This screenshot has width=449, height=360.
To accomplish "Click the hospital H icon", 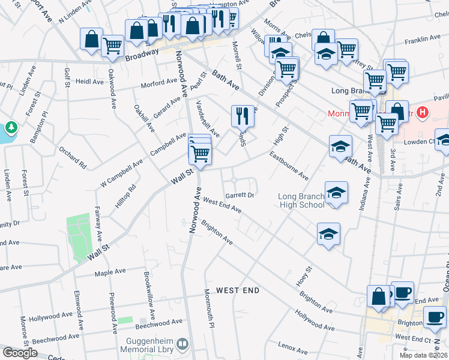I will coord(424,112).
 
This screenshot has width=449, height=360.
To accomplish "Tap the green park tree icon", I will coord(11,128).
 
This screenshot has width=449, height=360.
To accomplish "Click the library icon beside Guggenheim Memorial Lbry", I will coord(183,344).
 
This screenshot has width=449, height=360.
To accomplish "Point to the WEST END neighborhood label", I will coord(238,290).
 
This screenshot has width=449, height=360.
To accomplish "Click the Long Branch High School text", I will coord(301,200).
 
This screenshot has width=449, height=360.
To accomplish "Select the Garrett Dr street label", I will coord(240,196).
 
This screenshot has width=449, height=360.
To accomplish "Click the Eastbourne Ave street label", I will coord(289,166).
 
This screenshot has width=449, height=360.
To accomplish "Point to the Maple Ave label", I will coord(110,272).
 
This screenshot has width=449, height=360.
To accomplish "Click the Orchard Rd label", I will coord(73,156).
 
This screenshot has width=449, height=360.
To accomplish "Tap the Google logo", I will coord(19,353).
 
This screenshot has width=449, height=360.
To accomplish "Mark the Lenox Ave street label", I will coord(293,346).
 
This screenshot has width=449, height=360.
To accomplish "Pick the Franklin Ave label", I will coord(423,40).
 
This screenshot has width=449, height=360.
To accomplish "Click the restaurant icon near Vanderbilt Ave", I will coord(243,115).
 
